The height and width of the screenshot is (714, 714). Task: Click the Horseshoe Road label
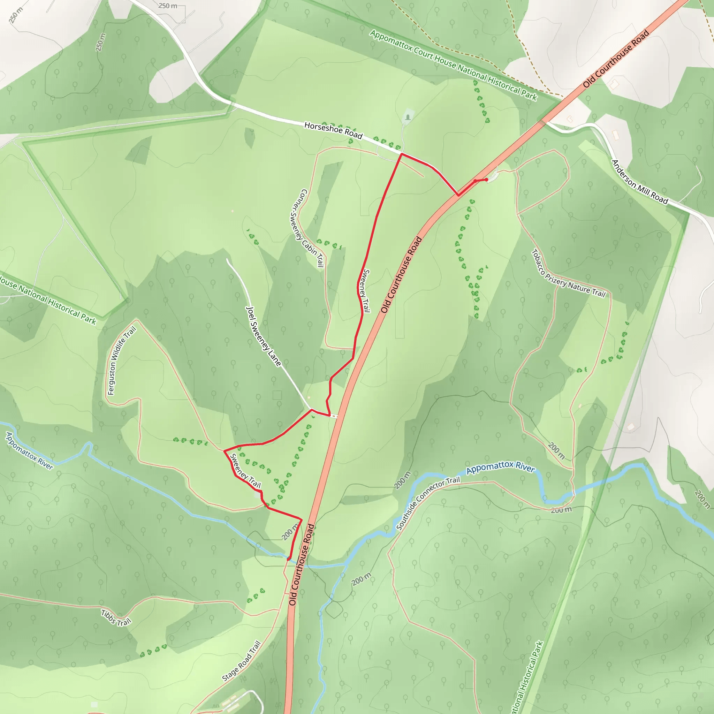[333, 130]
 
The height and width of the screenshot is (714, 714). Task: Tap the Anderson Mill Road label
[639, 182]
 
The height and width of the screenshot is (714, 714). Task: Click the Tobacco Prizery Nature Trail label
[568, 274]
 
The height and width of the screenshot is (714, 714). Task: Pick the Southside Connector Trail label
[428, 503]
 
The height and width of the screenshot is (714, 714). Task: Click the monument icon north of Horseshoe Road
[408, 117]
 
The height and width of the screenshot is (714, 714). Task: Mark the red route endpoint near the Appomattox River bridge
[289, 559]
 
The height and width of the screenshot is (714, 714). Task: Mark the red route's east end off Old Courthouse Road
[487, 180]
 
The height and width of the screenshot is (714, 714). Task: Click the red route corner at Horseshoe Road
[401, 154]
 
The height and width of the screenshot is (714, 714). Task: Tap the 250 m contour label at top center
[168, 6]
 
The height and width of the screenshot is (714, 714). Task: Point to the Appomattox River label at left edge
[30, 450]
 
